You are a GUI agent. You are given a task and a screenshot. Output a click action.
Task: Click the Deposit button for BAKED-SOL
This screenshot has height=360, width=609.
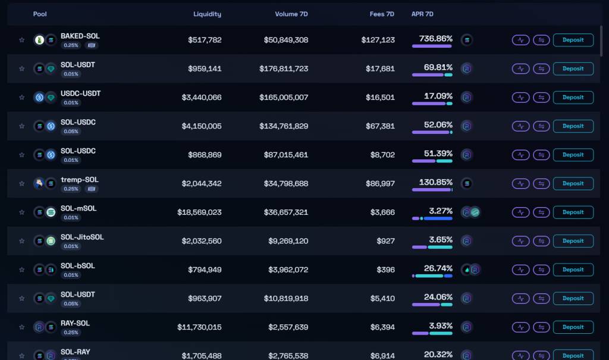573,40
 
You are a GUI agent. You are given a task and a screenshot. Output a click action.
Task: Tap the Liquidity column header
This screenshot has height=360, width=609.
207,14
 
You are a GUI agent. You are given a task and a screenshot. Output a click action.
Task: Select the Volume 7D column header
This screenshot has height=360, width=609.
291,14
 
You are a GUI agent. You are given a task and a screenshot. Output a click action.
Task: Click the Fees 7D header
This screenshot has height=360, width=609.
382,14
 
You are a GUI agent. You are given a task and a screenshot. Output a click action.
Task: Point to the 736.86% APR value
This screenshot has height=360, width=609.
436,38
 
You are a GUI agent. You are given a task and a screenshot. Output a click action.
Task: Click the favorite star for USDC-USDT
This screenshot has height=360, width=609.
22,98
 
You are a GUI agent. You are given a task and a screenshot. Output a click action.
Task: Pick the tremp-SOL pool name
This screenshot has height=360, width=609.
80,180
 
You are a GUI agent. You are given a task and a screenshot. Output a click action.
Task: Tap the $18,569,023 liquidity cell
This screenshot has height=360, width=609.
199,212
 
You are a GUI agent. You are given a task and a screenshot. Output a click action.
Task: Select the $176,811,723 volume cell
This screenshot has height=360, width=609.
284,68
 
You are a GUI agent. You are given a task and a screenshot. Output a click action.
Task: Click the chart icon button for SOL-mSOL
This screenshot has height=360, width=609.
520,212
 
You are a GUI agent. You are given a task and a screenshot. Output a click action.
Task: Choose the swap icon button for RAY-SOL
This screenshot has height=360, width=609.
541,327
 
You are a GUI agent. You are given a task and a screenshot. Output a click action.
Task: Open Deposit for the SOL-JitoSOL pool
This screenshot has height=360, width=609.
573,241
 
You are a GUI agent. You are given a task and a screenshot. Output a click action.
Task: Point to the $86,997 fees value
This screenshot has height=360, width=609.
378,183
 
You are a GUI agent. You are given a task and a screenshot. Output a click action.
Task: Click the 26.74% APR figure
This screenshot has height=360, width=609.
438,268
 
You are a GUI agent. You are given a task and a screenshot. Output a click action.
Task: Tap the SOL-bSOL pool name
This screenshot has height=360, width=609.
78,265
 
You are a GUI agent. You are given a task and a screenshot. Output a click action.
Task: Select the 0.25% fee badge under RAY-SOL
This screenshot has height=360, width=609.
71,333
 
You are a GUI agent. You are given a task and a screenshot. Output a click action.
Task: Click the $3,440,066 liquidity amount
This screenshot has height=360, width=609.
202,97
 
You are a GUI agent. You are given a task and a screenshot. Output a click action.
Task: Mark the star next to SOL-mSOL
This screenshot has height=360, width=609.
22,212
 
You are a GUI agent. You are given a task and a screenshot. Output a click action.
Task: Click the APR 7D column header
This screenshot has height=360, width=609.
422,14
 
